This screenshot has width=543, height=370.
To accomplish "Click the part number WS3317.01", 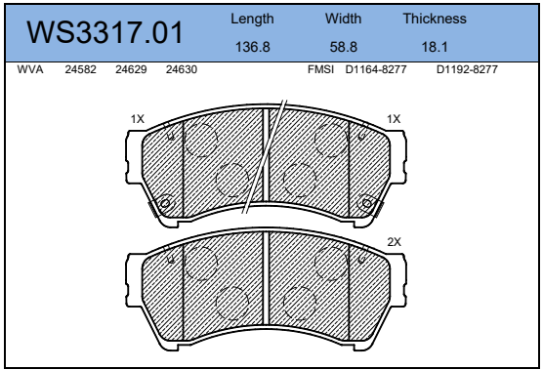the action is pos(104,32).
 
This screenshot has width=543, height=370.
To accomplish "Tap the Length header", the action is pos(252,19).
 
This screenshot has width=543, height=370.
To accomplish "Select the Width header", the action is pos(343,19).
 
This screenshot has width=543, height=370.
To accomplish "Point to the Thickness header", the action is pos(435,19).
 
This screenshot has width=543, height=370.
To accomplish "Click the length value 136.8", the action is pos(252,47).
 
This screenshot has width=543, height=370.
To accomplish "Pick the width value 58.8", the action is pos(343,47).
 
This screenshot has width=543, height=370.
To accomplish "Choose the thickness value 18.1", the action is pos(435,47).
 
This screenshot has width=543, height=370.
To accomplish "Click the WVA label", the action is pos(30,69).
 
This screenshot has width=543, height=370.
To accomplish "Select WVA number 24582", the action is pos(80,69).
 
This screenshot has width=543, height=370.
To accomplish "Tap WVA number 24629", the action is pos(131,69).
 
